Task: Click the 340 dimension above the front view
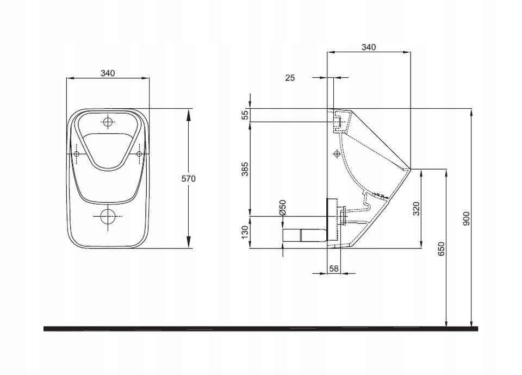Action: [x=108, y=73]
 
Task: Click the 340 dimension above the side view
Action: [x=369, y=47]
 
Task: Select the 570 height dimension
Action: [x=189, y=179]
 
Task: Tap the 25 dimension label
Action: [x=290, y=78]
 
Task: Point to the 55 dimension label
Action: [x=245, y=115]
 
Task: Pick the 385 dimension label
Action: [x=245, y=168]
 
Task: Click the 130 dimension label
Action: [x=245, y=232]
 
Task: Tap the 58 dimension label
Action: [x=334, y=268]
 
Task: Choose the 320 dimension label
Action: [x=417, y=209]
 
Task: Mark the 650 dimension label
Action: [x=441, y=249]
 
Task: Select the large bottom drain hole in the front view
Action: [x=108, y=216]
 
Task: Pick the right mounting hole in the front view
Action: [x=139, y=154]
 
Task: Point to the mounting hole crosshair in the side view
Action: [x=337, y=154]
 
